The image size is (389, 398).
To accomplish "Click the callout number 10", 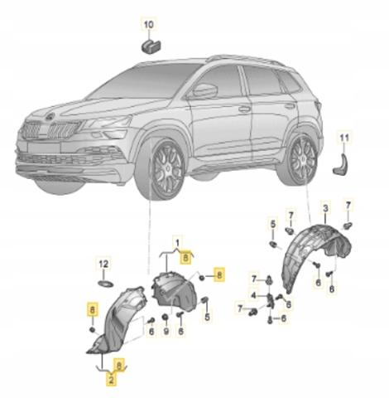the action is tap(148, 25).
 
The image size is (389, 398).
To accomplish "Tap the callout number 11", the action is tap(344, 138).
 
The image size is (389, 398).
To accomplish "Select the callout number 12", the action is tap(103, 265).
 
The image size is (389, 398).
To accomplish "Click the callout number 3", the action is tap(325, 208).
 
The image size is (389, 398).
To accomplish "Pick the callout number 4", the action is tap(253, 296).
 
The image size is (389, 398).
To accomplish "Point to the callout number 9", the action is tap(166, 331).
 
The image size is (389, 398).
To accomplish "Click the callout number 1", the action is tap(178, 243).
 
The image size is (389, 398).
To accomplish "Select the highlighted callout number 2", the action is tap(111, 380).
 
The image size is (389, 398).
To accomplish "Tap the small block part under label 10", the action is tap(151, 46).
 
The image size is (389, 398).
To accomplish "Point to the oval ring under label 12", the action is tap(106, 284).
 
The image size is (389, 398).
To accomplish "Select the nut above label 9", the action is tap(166, 318).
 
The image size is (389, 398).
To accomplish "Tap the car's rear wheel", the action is tap(300, 160).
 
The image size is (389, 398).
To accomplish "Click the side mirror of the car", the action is tap(205, 90).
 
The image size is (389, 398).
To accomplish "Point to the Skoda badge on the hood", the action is tap(50, 118).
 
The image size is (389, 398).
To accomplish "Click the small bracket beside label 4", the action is tap(271, 301).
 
